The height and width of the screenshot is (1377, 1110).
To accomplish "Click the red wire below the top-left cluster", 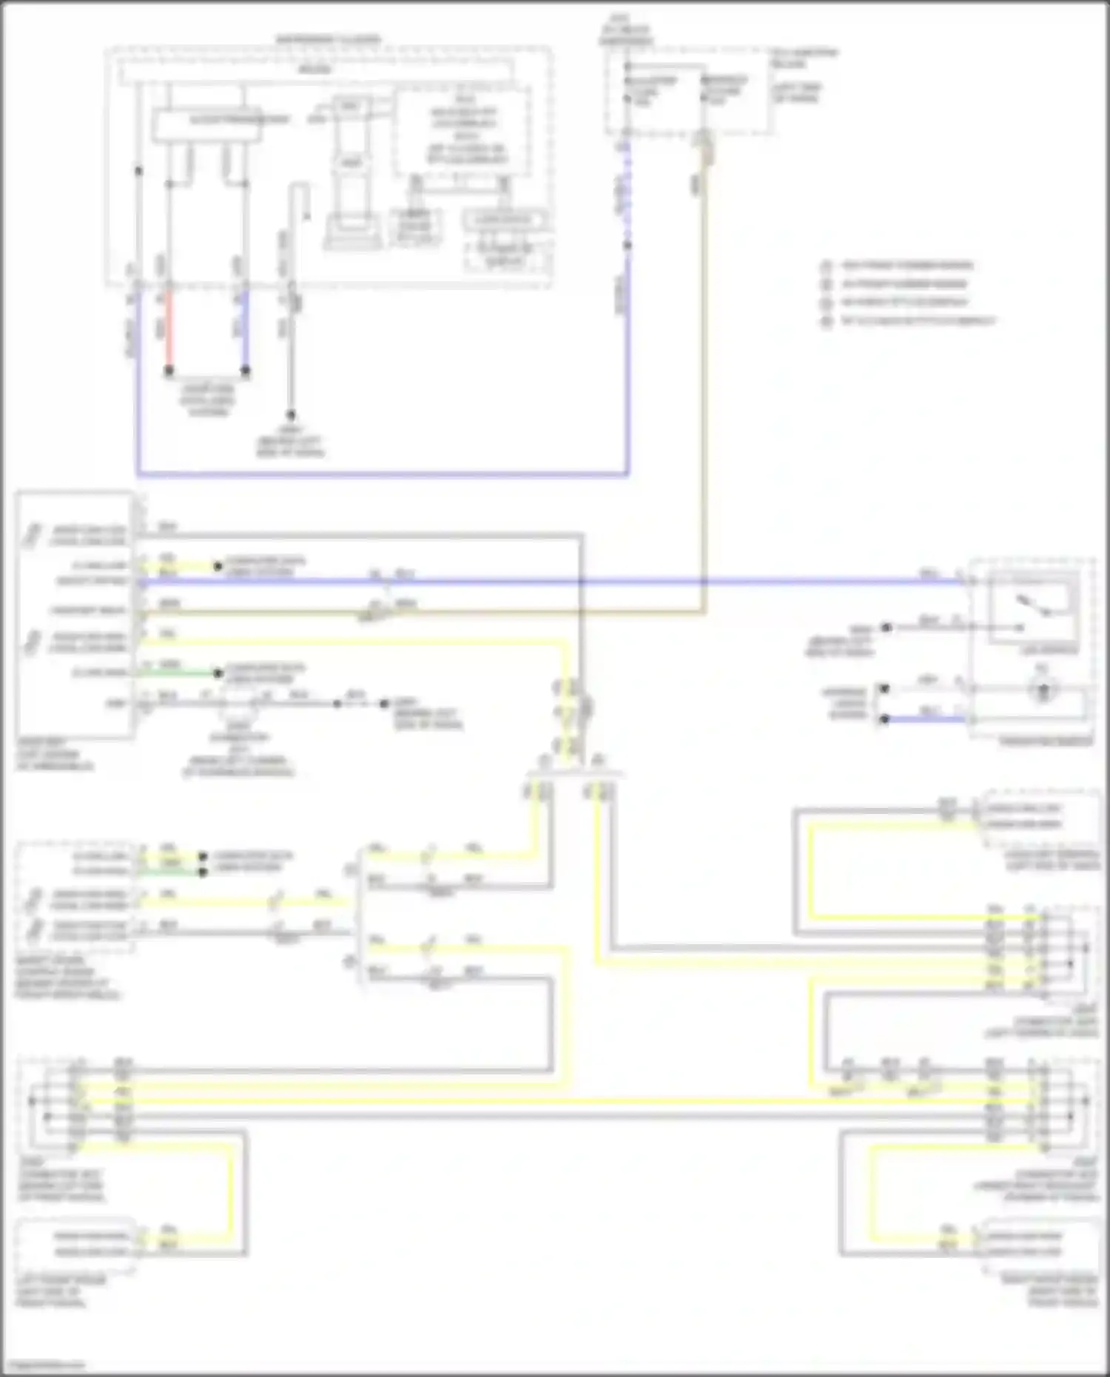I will point(169,329).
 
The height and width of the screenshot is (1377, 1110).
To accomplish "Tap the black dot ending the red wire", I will point(169,370).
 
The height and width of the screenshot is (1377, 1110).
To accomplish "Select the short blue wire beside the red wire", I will point(245,329).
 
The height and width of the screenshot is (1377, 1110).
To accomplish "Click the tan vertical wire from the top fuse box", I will point(704,370).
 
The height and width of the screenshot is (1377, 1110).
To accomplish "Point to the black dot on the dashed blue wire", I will point(628,245).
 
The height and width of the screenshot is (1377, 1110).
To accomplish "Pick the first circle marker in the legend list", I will point(827,266).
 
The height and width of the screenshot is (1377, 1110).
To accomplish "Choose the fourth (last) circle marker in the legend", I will point(827,321).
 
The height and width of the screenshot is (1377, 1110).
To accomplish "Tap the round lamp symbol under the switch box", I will point(1043,691).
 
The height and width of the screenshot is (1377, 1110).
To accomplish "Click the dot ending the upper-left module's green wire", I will point(218,673).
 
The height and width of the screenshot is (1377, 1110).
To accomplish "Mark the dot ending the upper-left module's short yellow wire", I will point(218,566).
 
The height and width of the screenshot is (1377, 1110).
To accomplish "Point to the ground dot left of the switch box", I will point(886,627).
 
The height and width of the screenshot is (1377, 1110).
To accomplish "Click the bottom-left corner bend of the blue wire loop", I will point(138,474).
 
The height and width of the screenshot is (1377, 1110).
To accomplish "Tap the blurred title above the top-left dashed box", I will point(328,38).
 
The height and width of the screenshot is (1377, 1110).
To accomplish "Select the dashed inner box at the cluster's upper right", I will point(462,131).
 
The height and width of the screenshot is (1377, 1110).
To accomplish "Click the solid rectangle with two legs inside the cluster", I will point(207,124).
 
